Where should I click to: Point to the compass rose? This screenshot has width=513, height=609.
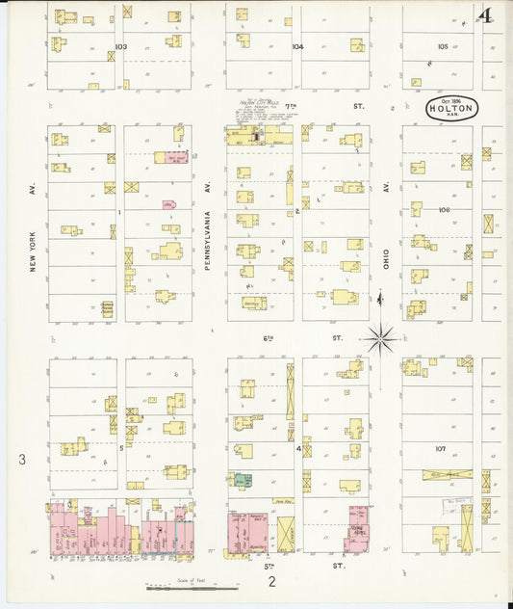[x=381, y=338]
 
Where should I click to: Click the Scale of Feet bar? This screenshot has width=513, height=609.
[x=178, y=587]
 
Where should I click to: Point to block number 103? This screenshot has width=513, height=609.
[x=120, y=46]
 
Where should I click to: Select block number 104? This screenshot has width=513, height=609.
[x=297, y=46]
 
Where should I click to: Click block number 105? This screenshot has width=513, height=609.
[x=442, y=46]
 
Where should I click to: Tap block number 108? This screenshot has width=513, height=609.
[x=443, y=209]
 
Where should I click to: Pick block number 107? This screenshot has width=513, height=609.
[x=440, y=448]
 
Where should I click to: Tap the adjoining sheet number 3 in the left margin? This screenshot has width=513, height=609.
[x=22, y=461]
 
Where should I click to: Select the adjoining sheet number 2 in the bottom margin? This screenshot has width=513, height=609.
[x=271, y=581]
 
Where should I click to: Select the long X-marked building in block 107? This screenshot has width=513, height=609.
[x=448, y=475]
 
